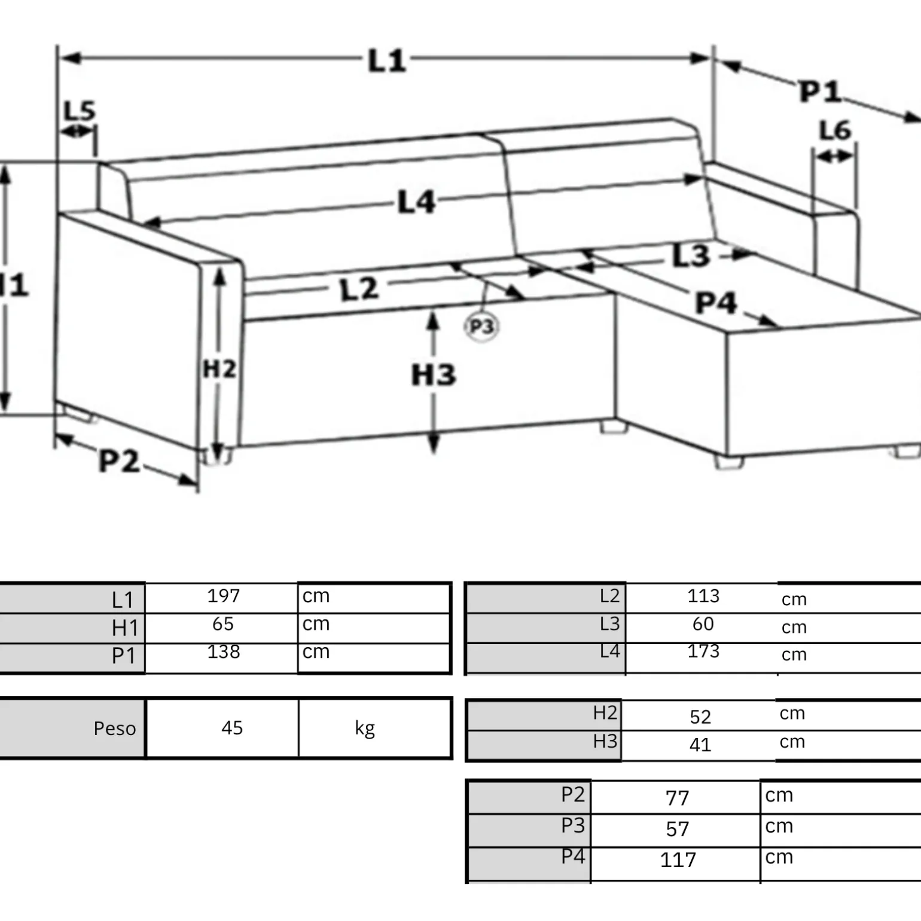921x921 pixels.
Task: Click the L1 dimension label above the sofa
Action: pyautogui.click(x=387, y=61)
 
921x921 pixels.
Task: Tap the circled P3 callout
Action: pyautogui.click(x=481, y=327)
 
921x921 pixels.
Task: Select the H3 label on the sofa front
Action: pyautogui.click(x=434, y=375)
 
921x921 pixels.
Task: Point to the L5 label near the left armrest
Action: pyautogui.click(x=80, y=111)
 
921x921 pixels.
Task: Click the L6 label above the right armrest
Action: pyautogui.click(x=834, y=130)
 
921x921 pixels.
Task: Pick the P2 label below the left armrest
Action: pyautogui.click(x=119, y=461)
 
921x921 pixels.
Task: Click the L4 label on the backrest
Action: pyautogui.click(x=416, y=202)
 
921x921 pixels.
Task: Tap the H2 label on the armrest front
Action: pyautogui.click(x=219, y=369)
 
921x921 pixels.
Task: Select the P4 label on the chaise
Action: pyautogui.click(x=716, y=303)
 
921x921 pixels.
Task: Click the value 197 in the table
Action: pyautogui.click(x=224, y=596)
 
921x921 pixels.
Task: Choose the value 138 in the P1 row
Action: pyautogui.click(x=224, y=651)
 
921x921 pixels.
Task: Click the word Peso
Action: pyautogui.click(x=115, y=728)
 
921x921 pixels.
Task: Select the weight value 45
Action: pyautogui.click(x=232, y=728)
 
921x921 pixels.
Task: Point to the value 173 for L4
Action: pyautogui.click(x=703, y=651)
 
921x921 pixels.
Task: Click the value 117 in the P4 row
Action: pyautogui.click(x=678, y=860)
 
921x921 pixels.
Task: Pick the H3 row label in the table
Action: pyautogui.click(x=605, y=742)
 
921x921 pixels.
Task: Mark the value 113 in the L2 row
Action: pyautogui.click(x=703, y=596)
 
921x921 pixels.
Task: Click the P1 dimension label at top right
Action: pyautogui.click(x=820, y=92)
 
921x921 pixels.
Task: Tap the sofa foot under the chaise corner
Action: pyautogui.click(x=729, y=462)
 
